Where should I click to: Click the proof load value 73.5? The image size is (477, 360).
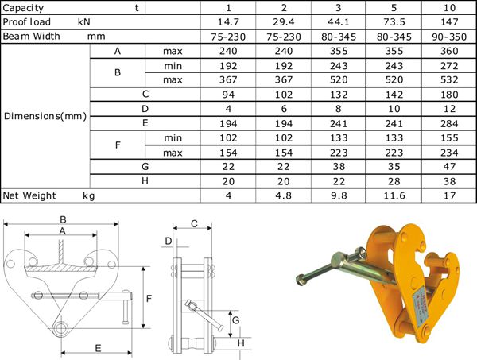394,22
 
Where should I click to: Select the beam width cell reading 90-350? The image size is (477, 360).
449,37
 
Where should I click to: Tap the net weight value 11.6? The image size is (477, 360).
394,195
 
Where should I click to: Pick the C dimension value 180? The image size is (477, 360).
449,95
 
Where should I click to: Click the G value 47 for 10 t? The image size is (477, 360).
449,167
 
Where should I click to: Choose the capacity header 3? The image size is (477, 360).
339,8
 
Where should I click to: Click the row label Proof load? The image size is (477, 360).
26,22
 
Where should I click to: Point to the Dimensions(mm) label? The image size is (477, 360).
45,116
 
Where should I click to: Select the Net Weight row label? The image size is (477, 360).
29,195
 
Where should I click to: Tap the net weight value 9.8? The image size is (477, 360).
339,195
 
